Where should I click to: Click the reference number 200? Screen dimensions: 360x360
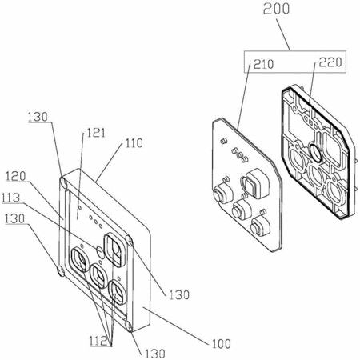(x=276, y=9)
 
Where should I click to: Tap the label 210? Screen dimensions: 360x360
(x=263, y=64)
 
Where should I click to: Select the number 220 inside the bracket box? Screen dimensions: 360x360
(x=330, y=62)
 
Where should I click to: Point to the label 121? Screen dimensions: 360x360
(x=96, y=133)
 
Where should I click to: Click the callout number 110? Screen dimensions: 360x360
(x=134, y=143)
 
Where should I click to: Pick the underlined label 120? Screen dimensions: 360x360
(x=16, y=176)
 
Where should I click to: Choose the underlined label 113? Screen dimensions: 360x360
(x=10, y=198)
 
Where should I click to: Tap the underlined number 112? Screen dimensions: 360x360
(x=98, y=341)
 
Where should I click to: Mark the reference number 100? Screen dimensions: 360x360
(x=222, y=344)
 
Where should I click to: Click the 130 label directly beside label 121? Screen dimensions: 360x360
(x=38, y=117)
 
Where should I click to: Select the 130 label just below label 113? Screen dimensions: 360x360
(x=14, y=218)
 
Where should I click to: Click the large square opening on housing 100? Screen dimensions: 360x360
(x=114, y=250)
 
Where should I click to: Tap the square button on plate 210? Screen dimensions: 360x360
(x=253, y=185)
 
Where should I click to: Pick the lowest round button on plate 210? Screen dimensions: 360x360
(x=260, y=226)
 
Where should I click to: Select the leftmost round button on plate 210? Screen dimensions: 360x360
(x=223, y=194)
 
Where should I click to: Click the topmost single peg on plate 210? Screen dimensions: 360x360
(x=223, y=141)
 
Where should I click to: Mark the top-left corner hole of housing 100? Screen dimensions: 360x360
(x=64, y=182)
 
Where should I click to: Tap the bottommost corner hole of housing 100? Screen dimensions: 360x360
(x=129, y=326)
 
